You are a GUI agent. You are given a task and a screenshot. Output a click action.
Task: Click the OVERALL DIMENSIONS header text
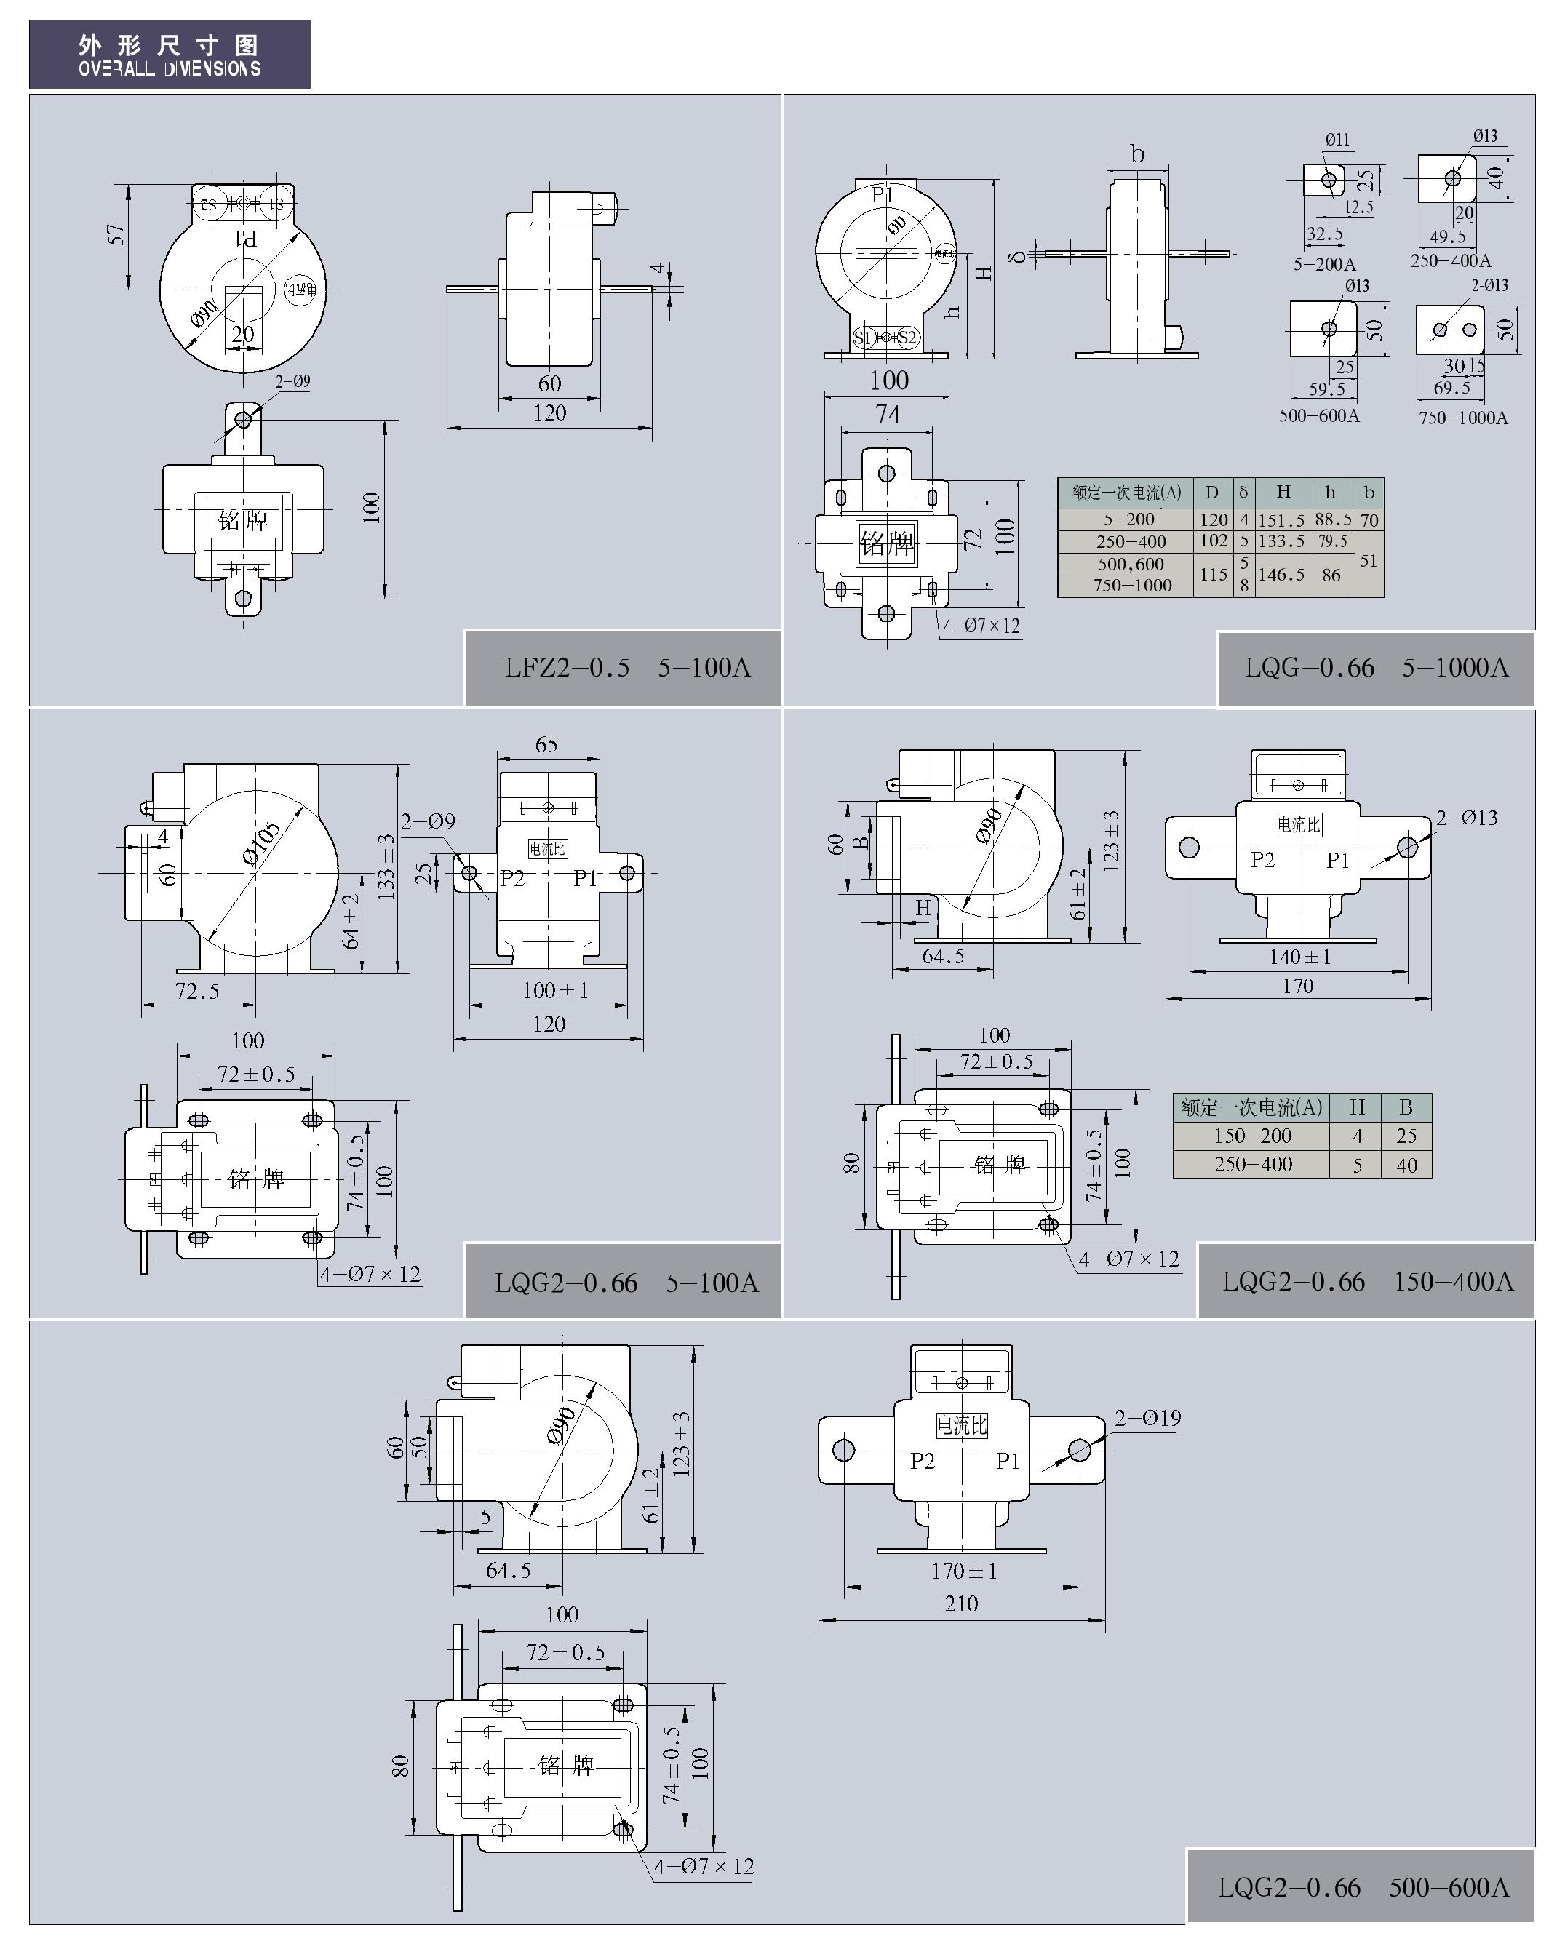point(169,68)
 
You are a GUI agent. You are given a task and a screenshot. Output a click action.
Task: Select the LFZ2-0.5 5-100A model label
point(626,668)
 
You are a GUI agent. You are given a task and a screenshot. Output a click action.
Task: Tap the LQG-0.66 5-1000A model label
point(1375,668)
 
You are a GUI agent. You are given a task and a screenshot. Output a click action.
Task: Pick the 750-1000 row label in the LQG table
point(1132,586)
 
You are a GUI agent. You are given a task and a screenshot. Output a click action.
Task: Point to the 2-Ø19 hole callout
point(1147,1419)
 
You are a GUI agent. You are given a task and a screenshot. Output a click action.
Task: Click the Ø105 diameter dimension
point(261,845)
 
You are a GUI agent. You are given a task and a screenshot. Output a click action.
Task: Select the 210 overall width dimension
point(961,1603)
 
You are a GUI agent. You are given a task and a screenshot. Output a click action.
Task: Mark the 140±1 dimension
point(1299,957)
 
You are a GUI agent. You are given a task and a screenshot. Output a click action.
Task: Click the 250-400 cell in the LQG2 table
point(1252,1164)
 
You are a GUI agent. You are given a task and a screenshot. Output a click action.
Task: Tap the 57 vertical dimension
point(116,235)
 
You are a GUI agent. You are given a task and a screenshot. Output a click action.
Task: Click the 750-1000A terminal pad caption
point(1463,418)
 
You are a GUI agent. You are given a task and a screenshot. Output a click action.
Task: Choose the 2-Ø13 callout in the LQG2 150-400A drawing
point(1467,818)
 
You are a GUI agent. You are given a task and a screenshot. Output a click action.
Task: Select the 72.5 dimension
point(197,992)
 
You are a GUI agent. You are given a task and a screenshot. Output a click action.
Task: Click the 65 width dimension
point(546,745)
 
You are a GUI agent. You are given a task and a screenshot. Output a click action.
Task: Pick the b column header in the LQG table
point(1369,493)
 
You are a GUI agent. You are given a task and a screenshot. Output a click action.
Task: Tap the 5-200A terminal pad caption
point(1324,265)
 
